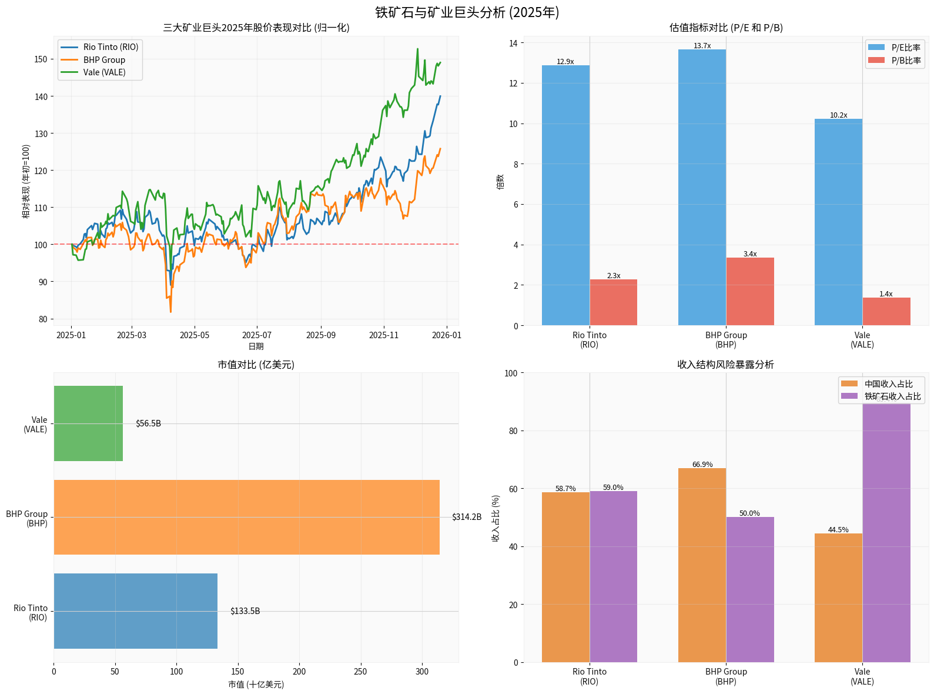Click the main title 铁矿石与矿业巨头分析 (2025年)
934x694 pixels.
[x=467, y=12]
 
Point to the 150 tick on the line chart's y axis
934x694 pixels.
[x=41, y=59]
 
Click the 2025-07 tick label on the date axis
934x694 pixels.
[x=256, y=335]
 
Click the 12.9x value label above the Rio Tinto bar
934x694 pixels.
[x=565, y=62]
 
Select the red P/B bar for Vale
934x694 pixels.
[x=886, y=311]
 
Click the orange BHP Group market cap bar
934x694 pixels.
[x=246, y=517]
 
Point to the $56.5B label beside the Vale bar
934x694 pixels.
[x=148, y=423]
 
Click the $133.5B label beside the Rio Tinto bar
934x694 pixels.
[x=245, y=611]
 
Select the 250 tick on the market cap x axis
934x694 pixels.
[x=360, y=672]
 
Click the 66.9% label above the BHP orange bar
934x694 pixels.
[x=702, y=465]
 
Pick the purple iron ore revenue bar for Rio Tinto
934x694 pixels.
[x=613, y=576]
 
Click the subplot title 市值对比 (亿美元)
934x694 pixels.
[x=256, y=365]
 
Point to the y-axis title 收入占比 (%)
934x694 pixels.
[x=496, y=518]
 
